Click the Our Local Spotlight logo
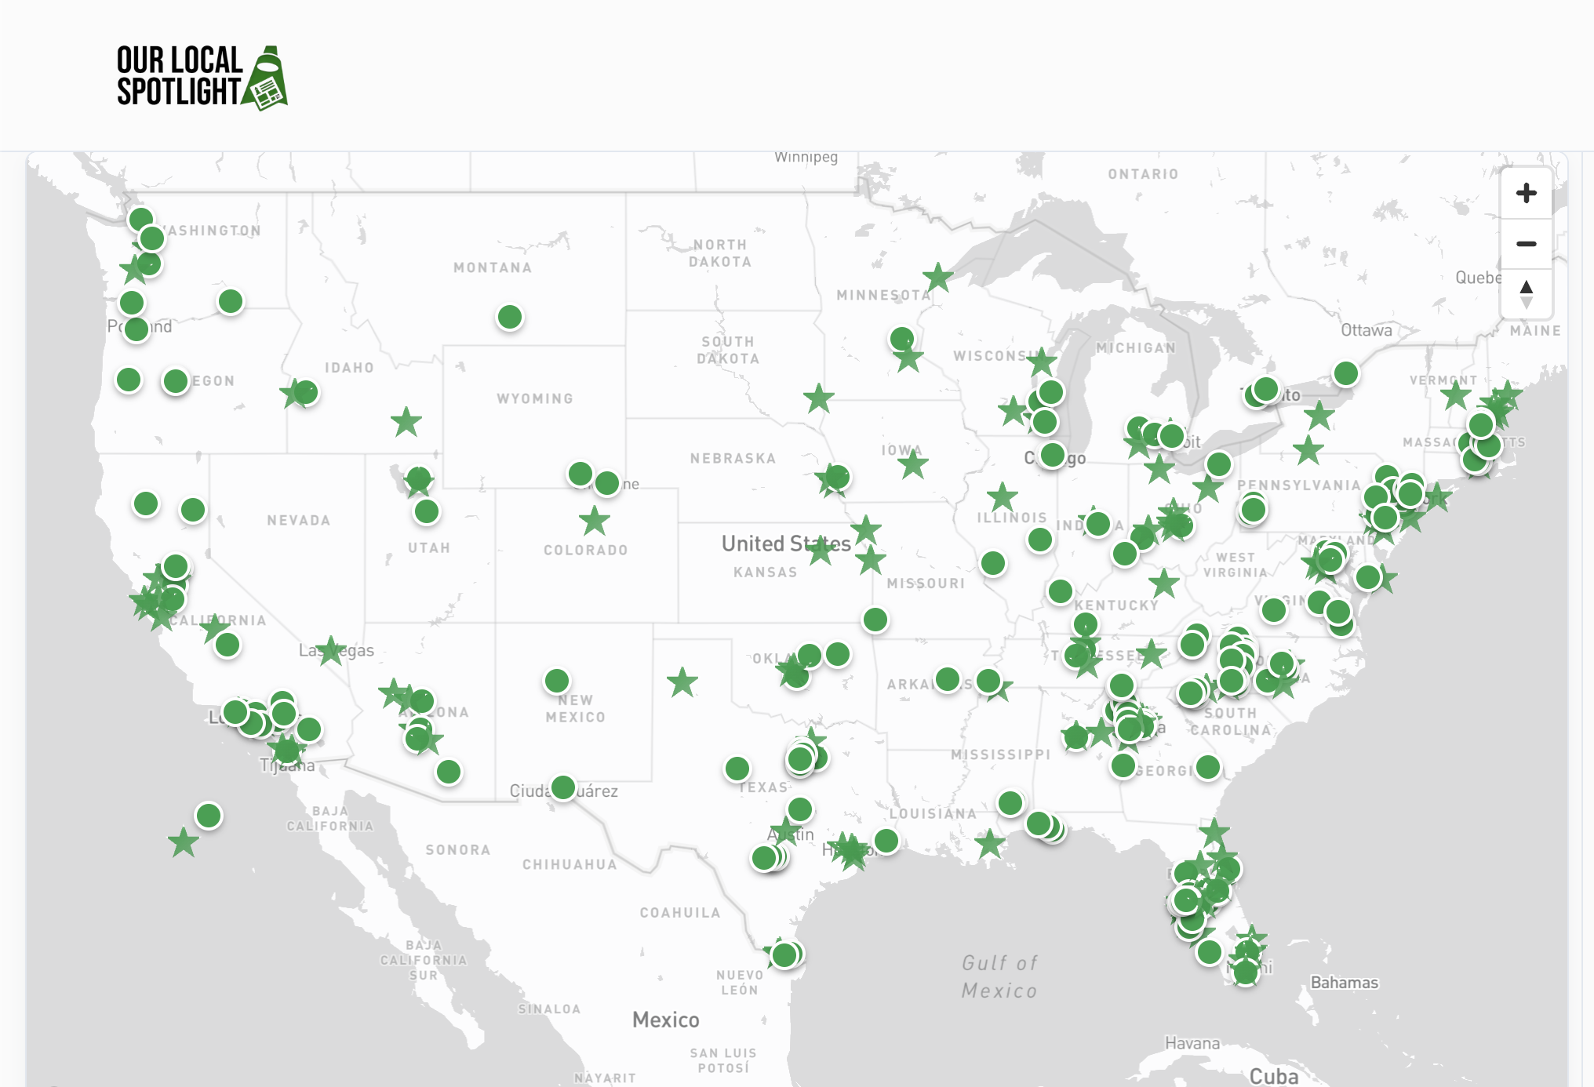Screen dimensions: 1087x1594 click(202, 77)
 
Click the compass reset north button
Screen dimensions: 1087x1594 click(1526, 293)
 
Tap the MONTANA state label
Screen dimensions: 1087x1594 click(493, 267)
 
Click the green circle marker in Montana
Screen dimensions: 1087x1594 click(510, 317)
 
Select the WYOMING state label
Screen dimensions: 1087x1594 click(535, 398)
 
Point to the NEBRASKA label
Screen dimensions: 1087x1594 click(733, 458)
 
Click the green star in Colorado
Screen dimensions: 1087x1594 click(595, 521)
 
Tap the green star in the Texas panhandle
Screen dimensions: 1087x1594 click(682, 682)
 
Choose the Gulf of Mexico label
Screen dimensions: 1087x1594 click(999, 976)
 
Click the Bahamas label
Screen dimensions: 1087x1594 click(1344, 982)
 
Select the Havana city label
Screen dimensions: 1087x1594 click(1192, 1043)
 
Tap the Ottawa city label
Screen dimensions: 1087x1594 click(1366, 330)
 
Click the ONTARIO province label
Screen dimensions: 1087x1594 click(1143, 174)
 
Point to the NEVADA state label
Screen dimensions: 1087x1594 click(298, 520)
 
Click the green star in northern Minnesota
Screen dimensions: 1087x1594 click(937, 276)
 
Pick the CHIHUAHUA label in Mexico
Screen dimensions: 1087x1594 click(570, 864)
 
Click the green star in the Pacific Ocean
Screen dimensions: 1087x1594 click(184, 842)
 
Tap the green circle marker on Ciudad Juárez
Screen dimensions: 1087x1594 click(563, 787)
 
